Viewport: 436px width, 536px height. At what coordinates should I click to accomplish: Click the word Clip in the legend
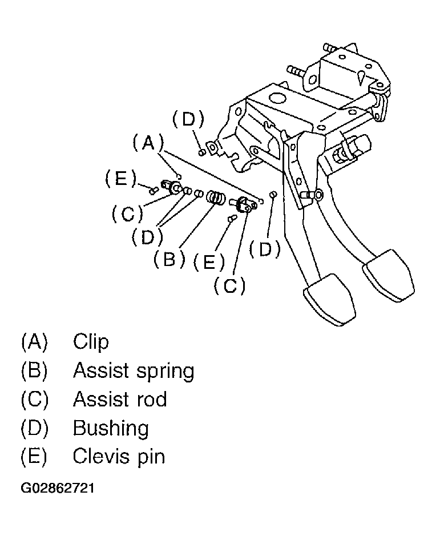click(x=91, y=341)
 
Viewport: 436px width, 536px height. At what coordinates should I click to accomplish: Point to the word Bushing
click(x=111, y=428)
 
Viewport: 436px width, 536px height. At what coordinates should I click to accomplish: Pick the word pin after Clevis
click(x=151, y=457)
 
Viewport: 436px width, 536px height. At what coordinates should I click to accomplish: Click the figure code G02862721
click(x=58, y=488)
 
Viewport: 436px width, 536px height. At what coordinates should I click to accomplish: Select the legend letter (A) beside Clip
click(x=34, y=341)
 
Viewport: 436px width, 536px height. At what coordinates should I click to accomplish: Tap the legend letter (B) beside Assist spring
click(x=34, y=370)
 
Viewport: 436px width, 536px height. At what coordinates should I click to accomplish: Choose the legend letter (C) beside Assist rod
click(x=34, y=399)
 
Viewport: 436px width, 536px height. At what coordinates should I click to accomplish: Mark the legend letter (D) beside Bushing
click(x=34, y=428)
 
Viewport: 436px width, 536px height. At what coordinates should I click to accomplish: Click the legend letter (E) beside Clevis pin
click(x=34, y=456)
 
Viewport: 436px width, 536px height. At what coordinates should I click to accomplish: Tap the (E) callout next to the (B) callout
click(x=209, y=262)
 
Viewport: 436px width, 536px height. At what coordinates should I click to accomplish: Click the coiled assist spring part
click(x=216, y=198)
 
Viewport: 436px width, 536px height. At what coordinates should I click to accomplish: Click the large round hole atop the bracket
click(x=277, y=98)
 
